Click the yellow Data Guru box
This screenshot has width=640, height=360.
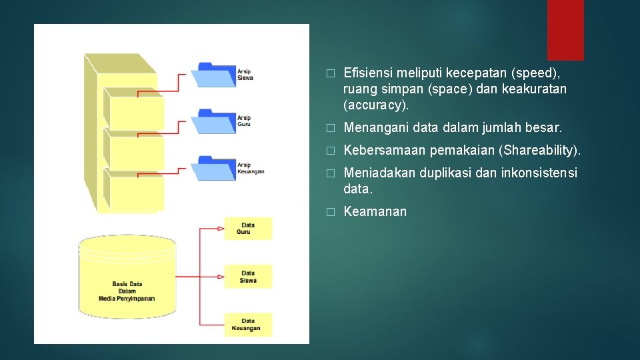point(248,229)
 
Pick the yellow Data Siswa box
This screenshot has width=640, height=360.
point(248,277)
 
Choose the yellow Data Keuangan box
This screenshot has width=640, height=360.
point(247,325)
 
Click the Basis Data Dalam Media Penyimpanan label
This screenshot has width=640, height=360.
point(127,291)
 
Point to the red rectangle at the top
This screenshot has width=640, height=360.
point(565,29)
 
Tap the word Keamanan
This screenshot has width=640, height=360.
point(375,212)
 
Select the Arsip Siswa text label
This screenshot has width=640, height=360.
point(245,75)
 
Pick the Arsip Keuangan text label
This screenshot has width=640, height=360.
point(251,168)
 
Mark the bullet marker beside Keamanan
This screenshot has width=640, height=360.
point(329,213)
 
